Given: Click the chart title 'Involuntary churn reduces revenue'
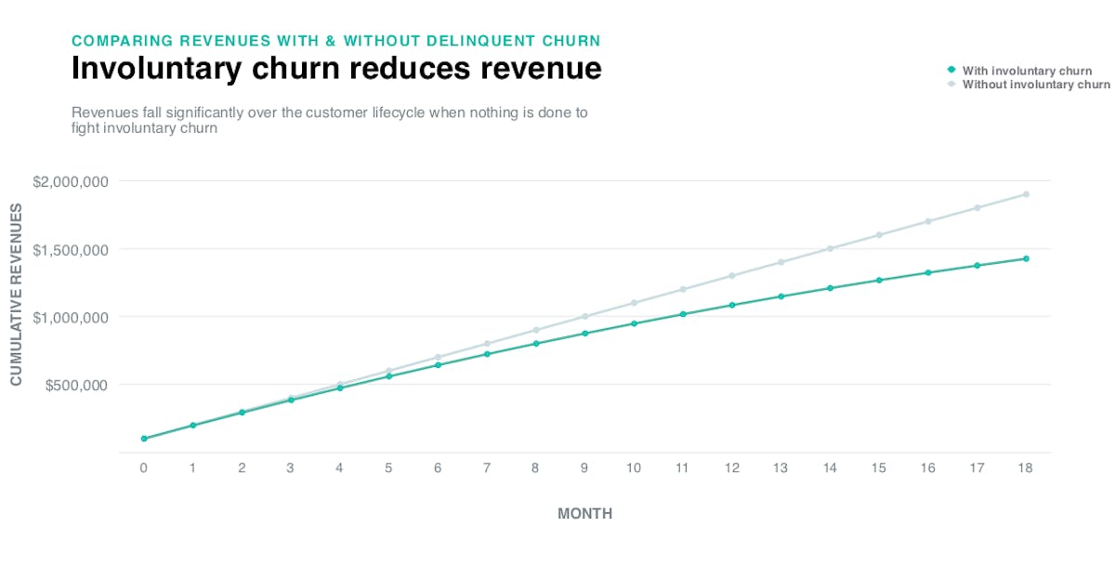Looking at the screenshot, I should (336, 69).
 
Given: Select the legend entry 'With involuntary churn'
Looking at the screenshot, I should (1027, 71).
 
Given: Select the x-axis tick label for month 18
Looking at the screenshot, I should (1026, 468).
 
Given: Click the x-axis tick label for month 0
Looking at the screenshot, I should (144, 468).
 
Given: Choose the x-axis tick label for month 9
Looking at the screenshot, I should (584, 468).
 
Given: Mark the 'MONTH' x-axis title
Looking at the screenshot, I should (584, 513).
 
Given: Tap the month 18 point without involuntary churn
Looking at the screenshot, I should (1026, 194).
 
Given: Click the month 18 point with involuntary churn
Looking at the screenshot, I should (1026, 258).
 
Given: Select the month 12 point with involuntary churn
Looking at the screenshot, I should (732, 305).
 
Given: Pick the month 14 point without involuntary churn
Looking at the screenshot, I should (830, 248).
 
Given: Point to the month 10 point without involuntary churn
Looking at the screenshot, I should (634, 303).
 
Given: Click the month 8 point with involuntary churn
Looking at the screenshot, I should (536, 344).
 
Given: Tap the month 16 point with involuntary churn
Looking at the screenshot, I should (928, 272).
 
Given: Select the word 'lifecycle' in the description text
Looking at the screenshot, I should (405, 112).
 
